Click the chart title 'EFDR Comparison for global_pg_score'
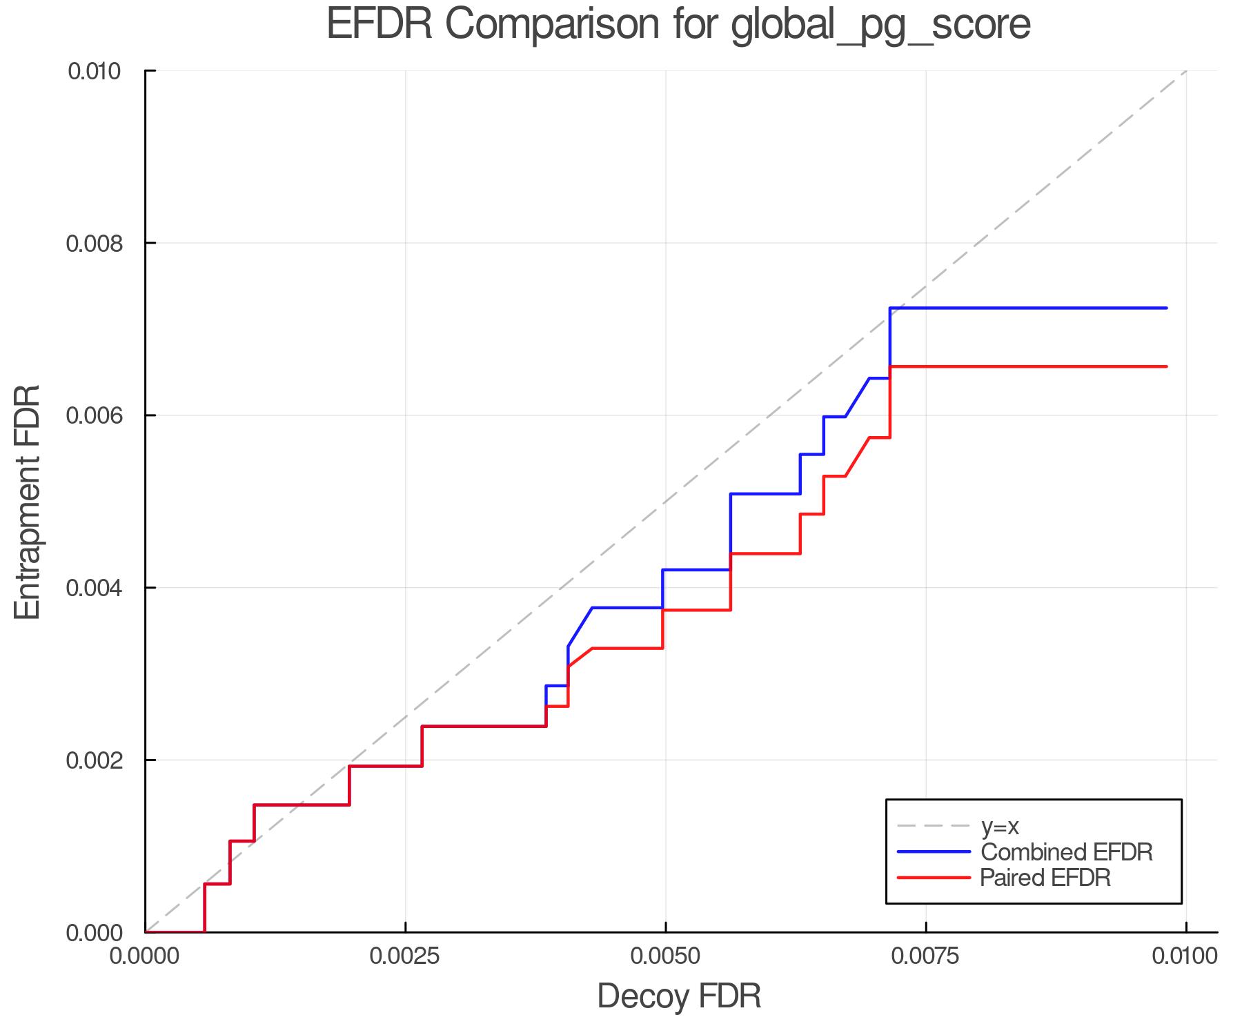coord(678,24)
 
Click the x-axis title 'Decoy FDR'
coord(679,996)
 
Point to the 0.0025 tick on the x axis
coord(405,956)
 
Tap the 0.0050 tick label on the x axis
coord(665,956)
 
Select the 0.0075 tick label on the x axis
coord(925,956)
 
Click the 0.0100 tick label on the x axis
coord(1185,956)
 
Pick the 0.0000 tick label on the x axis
coord(145,956)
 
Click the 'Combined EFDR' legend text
coord(1066,852)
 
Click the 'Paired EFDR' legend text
coord(1045,878)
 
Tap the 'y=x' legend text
coord(1000,826)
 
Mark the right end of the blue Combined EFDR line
coord(1166,308)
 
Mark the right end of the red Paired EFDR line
coord(1166,366)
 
